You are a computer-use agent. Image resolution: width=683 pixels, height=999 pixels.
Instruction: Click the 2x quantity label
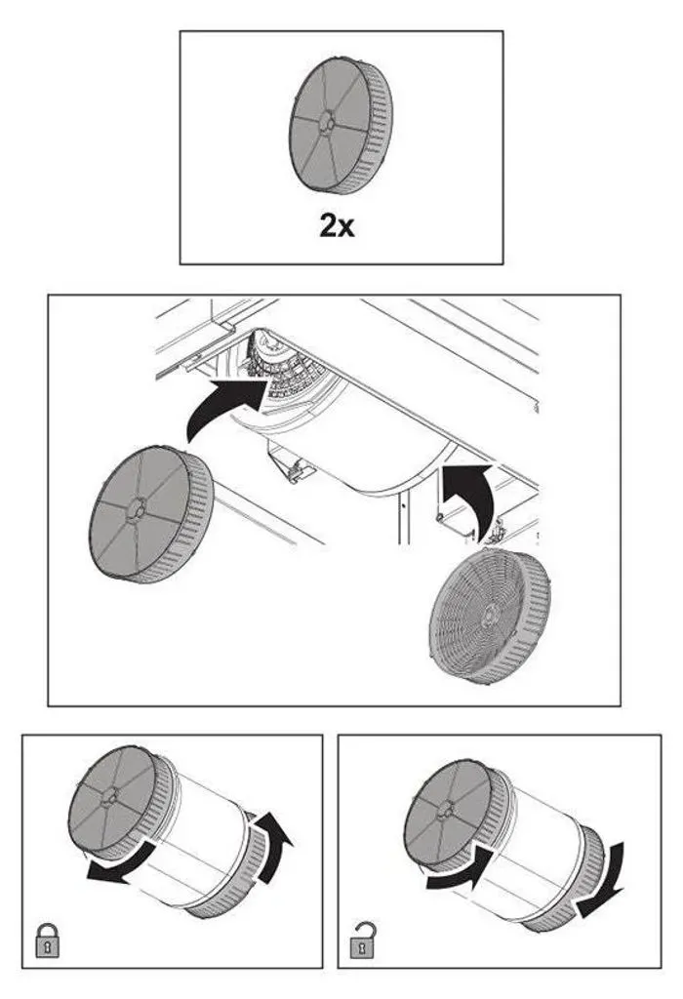(x=337, y=225)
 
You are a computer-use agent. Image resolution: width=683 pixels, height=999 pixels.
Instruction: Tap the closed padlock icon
(x=47, y=939)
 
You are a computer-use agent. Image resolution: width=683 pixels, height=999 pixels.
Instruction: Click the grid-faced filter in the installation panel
(x=489, y=615)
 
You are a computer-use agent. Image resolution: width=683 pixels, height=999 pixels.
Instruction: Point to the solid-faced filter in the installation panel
(x=151, y=513)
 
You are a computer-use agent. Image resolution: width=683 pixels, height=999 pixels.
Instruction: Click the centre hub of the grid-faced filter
(x=489, y=615)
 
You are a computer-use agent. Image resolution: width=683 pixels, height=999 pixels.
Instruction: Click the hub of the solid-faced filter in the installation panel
(x=137, y=507)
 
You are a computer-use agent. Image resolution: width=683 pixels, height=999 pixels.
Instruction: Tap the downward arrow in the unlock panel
(x=602, y=879)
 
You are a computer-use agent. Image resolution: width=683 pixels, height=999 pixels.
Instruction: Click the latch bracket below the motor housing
(x=293, y=469)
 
